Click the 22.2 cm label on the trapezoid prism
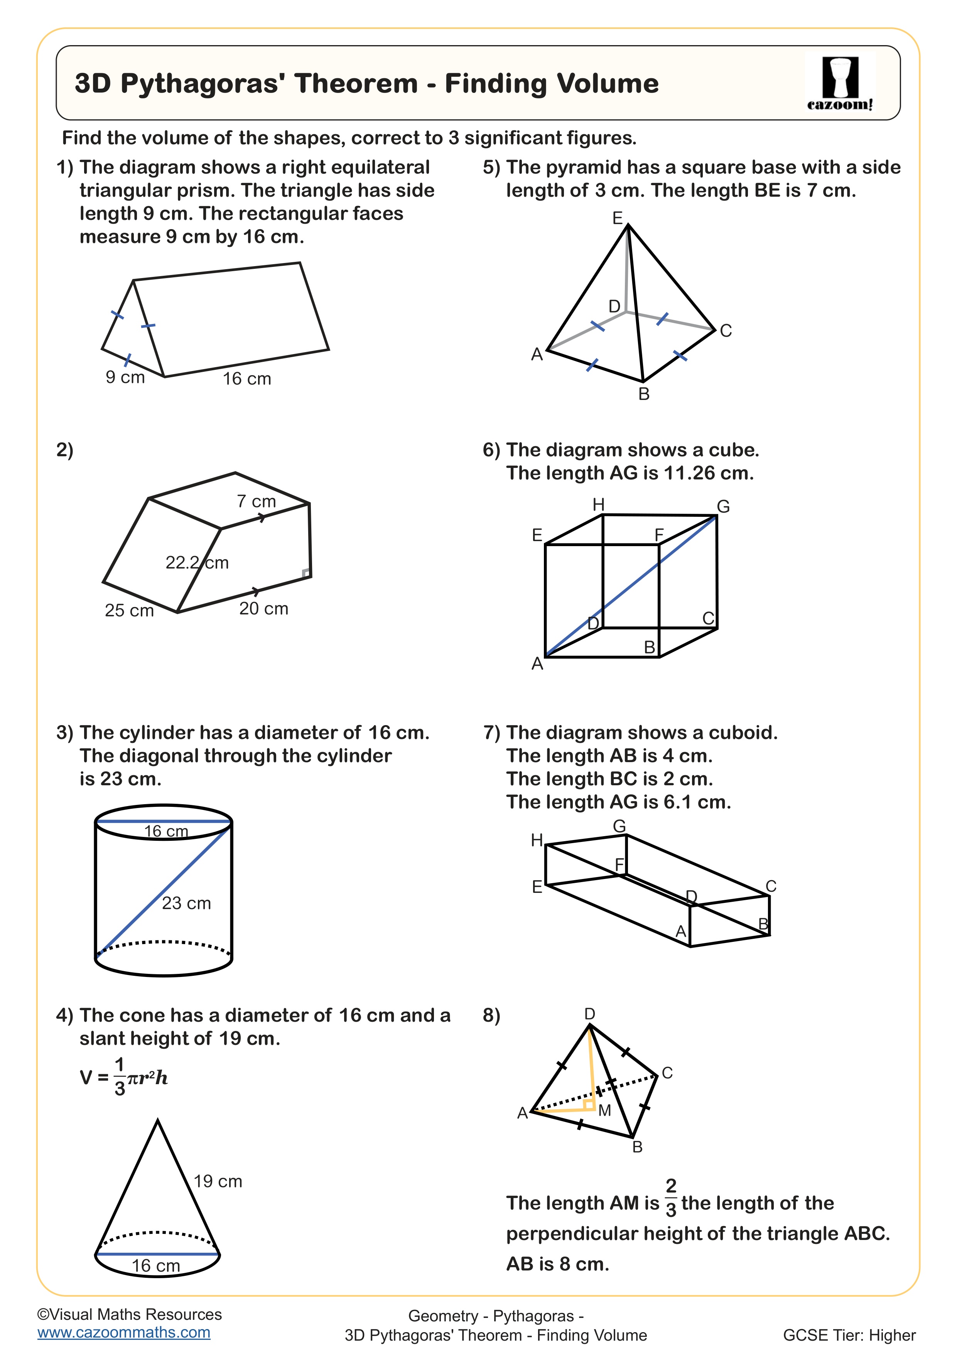[197, 563]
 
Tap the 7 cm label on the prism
[257, 501]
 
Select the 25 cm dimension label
[129, 611]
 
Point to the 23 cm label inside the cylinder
[186, 903]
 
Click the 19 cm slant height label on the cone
[218, 1181]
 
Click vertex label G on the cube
[723, 507]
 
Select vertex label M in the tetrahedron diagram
[604, 1111]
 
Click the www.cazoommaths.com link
[124, 1333]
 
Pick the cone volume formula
[124, 1078]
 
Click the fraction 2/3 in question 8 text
[671, 1198]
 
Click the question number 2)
[65, 450]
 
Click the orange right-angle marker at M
[589, 1104]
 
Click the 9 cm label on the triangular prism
[125, 377]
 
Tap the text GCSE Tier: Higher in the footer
[849, 1335]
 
